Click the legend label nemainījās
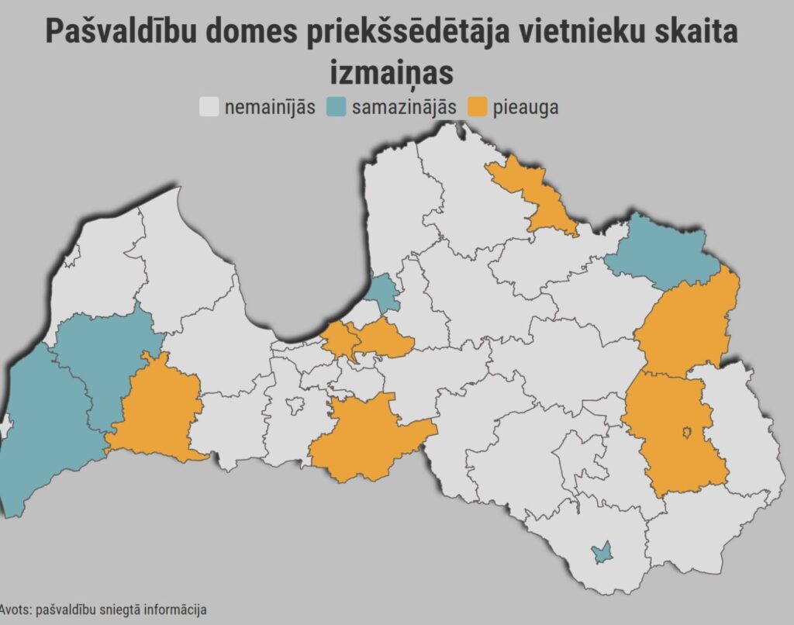tap(269, 107)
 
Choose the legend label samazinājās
tap(403, 107)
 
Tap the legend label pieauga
tap(525, 107)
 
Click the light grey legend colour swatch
tap(209, 107)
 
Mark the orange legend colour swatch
tap(477, 107)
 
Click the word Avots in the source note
tap(14, 609)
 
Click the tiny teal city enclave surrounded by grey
tap(599, 553)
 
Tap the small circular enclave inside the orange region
tap(686, 432)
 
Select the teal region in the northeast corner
tap(663, 252)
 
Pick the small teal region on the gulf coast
tap(381, 292)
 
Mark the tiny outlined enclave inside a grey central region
tap(295, 404)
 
